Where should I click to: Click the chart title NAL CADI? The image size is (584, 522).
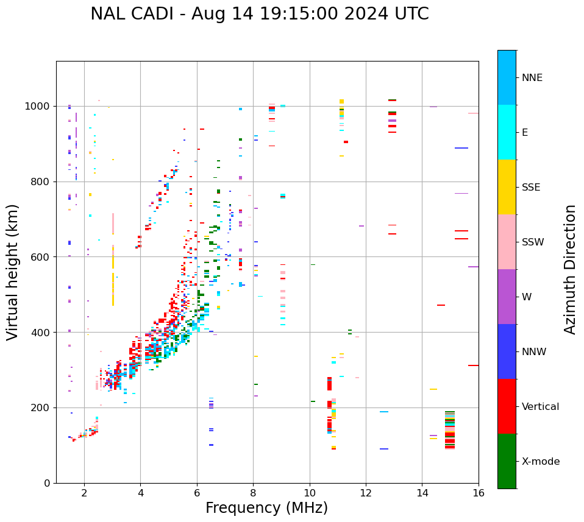coord(259,14)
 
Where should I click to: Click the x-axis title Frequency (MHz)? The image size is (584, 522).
coord(266,508)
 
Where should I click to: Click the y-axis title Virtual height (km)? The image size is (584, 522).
coord(13,272)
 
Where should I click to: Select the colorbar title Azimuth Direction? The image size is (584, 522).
coord(570,269)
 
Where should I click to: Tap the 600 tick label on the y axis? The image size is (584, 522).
coord(42,256)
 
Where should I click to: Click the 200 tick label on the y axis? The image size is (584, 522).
coord(42,407)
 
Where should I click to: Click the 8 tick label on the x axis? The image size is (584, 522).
coord(254,492)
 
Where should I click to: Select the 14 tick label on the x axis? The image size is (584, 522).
coord(422,492)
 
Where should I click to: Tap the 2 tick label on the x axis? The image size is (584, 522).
coord(84,492)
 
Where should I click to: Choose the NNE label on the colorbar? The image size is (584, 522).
coord(532,78)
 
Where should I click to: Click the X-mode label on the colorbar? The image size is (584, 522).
coord(540,462)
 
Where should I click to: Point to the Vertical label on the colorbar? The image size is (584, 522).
coord(540,407)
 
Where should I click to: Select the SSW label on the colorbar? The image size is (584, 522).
coord(533,242)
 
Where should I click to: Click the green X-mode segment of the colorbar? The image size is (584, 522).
coord(507,461)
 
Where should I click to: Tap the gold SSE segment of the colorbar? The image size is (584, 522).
coord(507,187)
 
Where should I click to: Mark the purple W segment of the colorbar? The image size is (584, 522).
coord(507,297)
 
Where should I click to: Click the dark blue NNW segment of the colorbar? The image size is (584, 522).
coord(507,351)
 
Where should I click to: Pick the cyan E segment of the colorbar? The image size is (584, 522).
coord(507,132)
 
